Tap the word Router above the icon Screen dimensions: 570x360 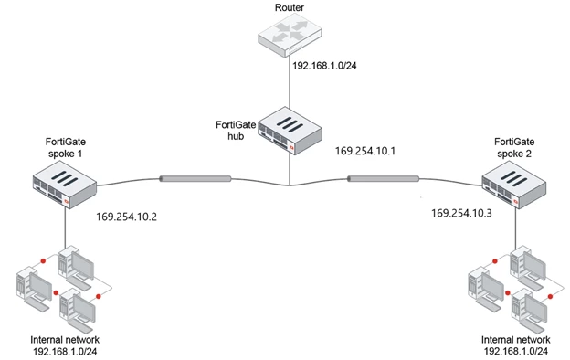[290, 7]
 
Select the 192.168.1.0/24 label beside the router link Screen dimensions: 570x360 [324, 66]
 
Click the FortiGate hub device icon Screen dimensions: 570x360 [290, 131]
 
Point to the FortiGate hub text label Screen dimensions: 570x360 [236, 130]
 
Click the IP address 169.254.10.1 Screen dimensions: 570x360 [365, 151]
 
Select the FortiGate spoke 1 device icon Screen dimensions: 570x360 [65, 185]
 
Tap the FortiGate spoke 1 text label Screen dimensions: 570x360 [66, 147]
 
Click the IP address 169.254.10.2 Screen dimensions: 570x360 [126, 217]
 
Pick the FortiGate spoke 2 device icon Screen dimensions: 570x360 [514, 185]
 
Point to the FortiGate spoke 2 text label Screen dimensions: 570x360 [514, 147]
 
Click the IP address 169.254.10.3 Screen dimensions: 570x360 [461, 213]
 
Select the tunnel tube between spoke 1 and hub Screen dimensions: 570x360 [195, 178]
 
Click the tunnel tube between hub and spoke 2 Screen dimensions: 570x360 [383, 178]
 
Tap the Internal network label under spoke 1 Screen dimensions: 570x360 [65, 340]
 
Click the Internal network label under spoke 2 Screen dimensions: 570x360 [515, 340]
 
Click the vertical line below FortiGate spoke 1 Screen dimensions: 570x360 [66, 228]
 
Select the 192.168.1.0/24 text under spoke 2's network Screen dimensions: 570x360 [516, 351]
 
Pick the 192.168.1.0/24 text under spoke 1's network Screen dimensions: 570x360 [65, 352]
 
